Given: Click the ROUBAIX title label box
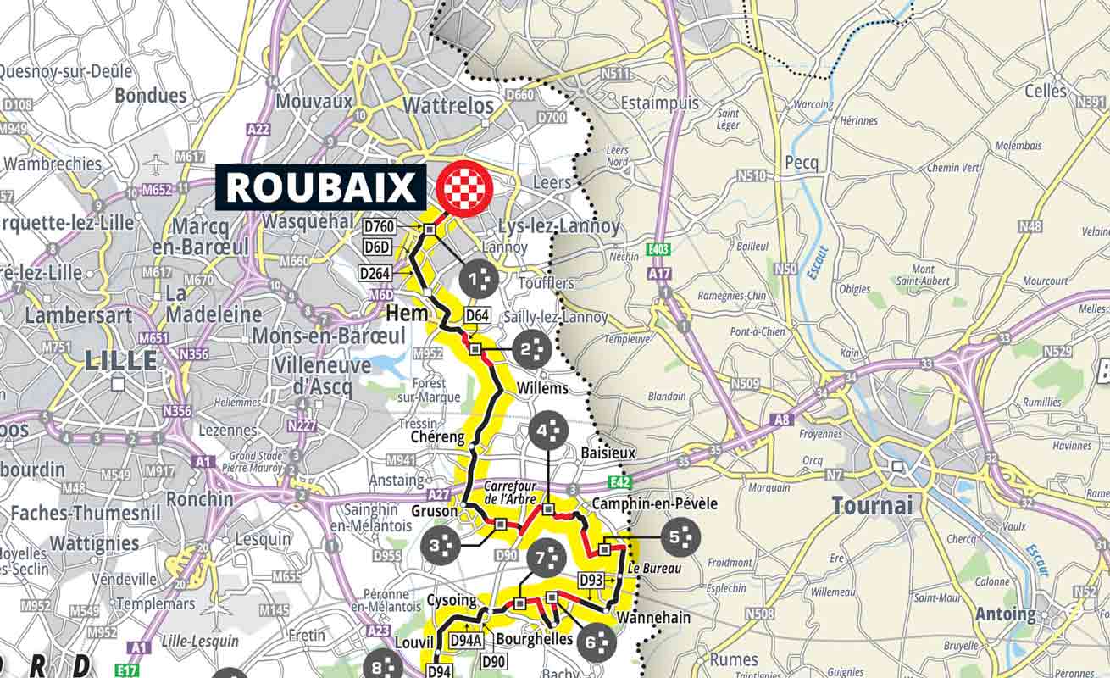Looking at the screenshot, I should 320,187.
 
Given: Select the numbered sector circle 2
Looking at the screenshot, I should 532,349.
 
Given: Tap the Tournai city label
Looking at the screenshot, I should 873,506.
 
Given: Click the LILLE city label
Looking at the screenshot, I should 121,360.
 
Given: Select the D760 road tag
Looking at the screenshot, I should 379,227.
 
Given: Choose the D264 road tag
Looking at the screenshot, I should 375,273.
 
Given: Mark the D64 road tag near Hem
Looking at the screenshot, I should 478,316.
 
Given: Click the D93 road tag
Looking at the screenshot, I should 591,579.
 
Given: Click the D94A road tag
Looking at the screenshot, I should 466,641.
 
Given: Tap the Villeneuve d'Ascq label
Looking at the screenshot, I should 323,375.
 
